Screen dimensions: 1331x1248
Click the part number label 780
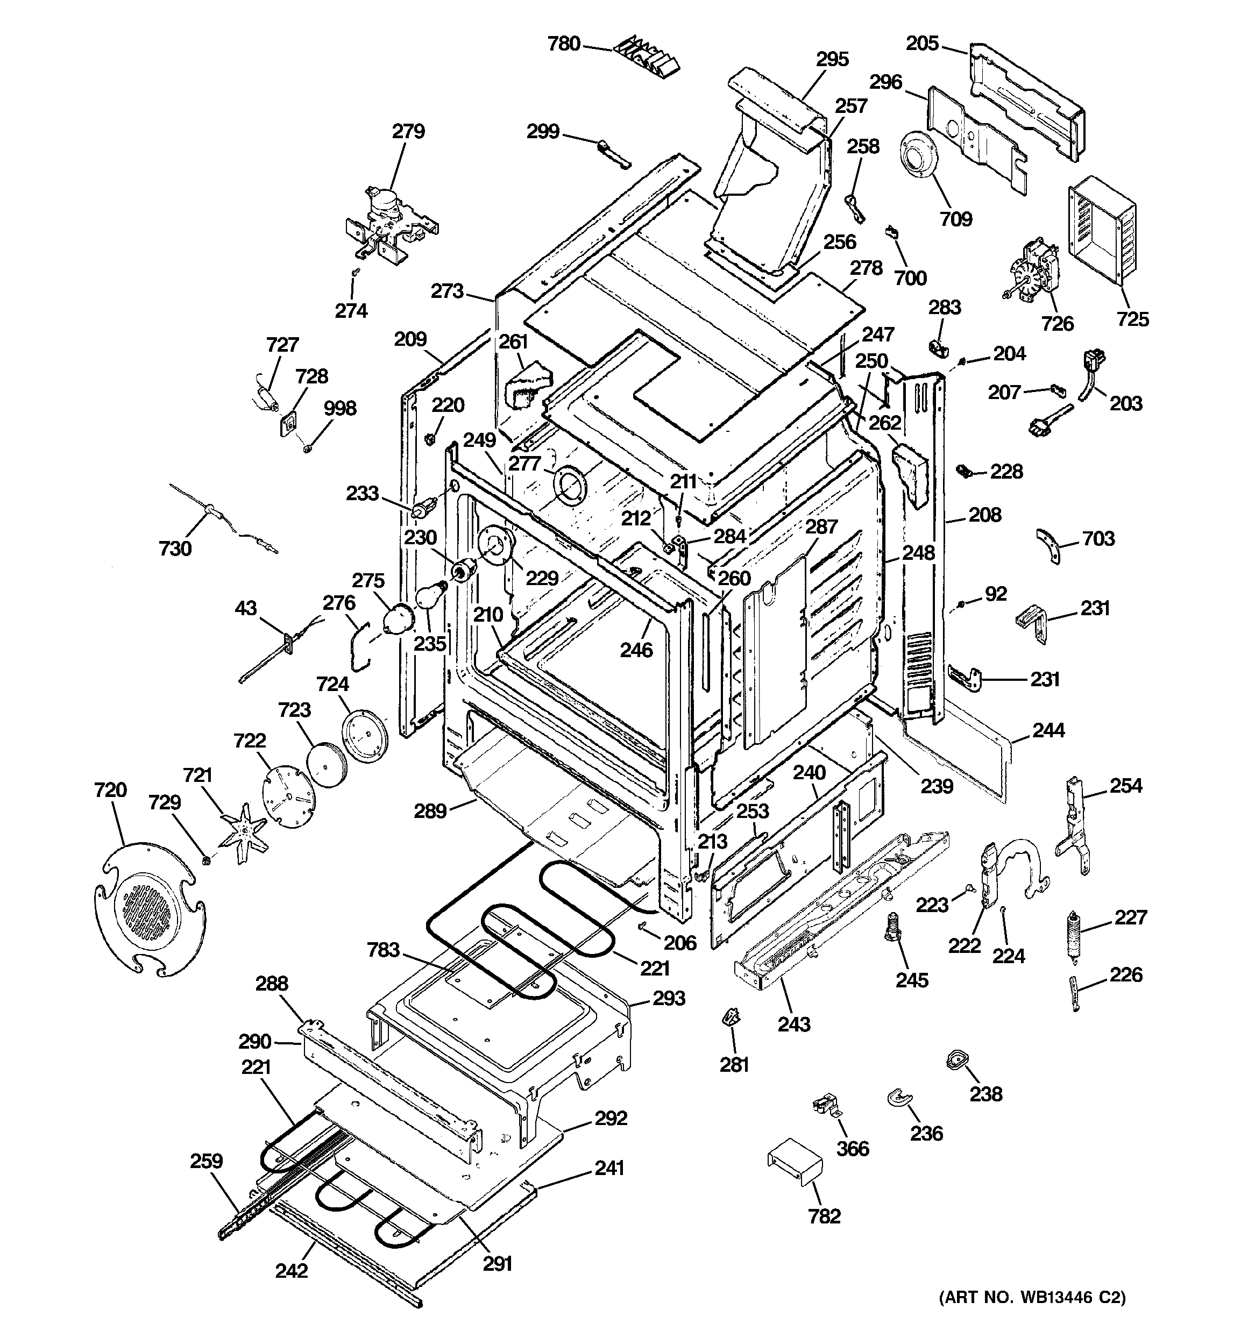pos(563,44)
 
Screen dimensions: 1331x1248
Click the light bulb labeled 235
pos(429,595)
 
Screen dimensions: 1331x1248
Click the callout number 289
pos(430,811)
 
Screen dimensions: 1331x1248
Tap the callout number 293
pos(669,998)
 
